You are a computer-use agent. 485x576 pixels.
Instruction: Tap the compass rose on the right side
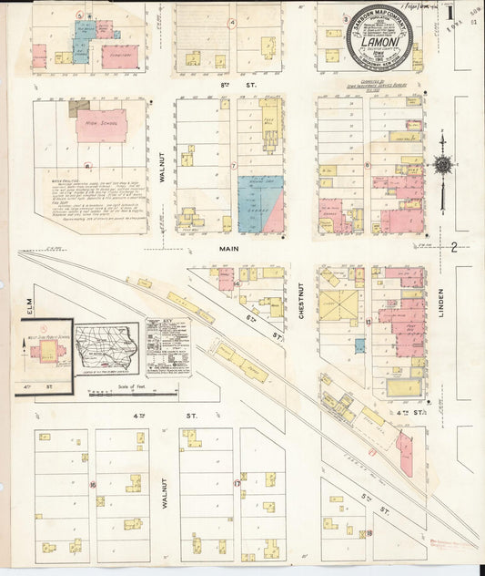[x=443, y=166]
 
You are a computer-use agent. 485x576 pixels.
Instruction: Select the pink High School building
[x=100, y=125]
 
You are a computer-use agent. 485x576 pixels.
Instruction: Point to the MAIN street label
[x=227, y=247]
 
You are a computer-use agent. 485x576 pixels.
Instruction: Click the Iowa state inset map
[x=106, y=346]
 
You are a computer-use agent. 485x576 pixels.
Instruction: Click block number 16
[x=93, y=484]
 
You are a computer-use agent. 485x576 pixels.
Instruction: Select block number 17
[x=237, y=483]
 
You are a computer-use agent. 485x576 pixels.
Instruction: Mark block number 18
[x=369, y=533]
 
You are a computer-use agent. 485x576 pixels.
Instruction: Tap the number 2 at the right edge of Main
[x=452, y=247]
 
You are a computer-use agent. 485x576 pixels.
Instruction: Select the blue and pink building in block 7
[x=260, y=205]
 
